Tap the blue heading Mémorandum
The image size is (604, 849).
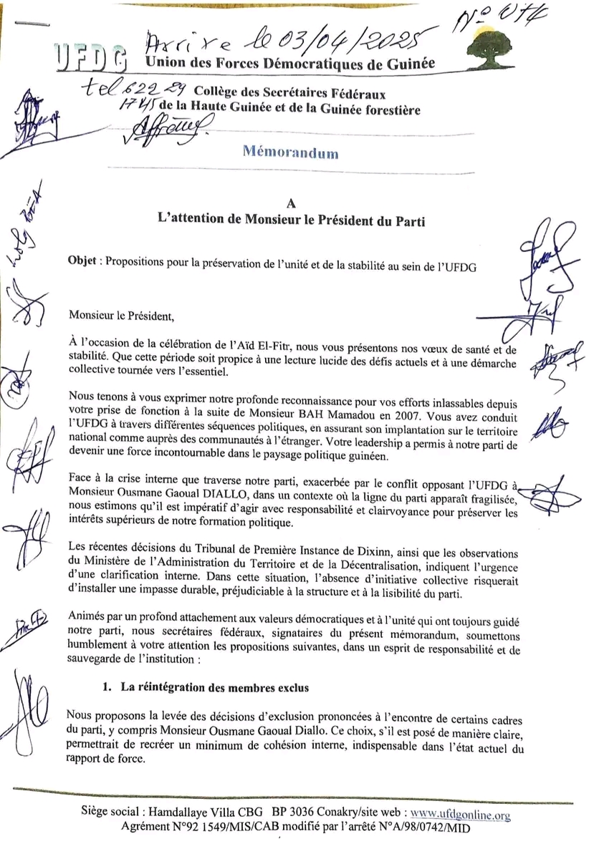(290, 152)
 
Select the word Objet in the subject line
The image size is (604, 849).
(84, 261)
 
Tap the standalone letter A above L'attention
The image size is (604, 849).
(290, 206)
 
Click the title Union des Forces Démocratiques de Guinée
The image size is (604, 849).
(290, 63)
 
